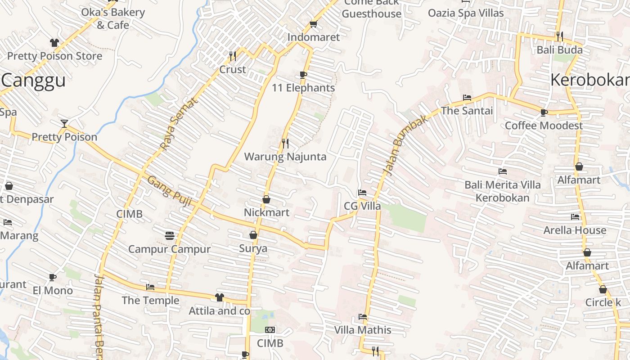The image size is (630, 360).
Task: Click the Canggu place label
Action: [x=34, y=81]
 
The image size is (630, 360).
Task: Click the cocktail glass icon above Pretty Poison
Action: [x=64, y=123]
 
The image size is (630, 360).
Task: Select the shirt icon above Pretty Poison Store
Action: [x=54, y=43]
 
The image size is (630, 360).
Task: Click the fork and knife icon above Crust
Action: [x=233, y=56]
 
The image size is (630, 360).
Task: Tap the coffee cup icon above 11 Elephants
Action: [x=303, y=75]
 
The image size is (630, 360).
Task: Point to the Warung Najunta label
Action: [x=285, y=157]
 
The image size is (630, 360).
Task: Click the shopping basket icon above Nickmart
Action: [x=266, y=199]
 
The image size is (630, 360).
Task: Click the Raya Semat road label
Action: [x=179, y=124]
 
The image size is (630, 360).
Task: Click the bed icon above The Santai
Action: [x=467, y=97]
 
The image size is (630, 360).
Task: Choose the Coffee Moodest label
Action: [x=544, y=125]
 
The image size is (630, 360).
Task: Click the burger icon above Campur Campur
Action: [x=170, y=235]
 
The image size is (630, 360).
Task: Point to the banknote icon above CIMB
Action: [x=270, y=330]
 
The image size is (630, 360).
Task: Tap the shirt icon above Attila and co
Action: [x=219, y=297]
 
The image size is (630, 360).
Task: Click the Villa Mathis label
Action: [x=363, y=330]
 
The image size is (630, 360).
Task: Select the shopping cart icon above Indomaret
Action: [x=313, y=24]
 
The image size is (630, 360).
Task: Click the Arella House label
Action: [x=575, y=230]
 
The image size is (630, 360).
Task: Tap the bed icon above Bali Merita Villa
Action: [x=503, y=171]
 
